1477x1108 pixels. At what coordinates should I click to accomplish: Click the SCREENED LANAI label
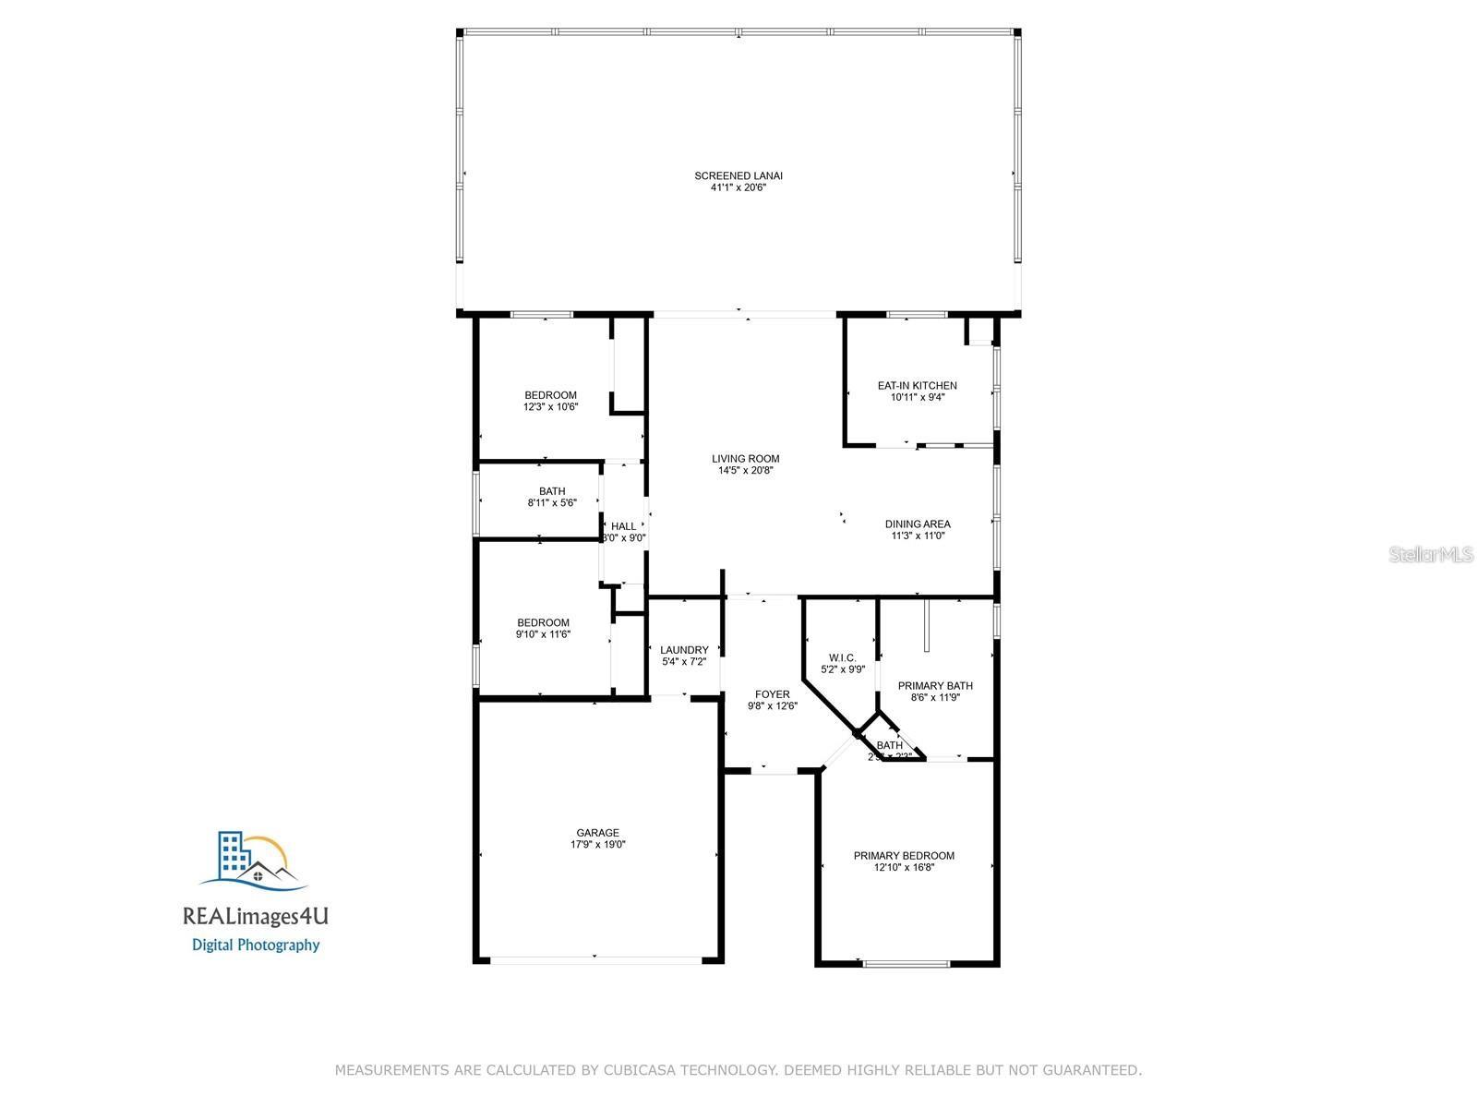738,175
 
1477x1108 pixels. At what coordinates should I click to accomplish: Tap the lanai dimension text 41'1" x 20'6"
738,187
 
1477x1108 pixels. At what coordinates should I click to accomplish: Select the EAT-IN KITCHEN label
917,385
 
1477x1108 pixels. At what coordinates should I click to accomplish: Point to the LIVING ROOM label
745,458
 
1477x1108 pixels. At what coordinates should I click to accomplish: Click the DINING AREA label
918,524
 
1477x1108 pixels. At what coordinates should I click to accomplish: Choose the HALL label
623,526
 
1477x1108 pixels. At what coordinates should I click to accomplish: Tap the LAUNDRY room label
684,650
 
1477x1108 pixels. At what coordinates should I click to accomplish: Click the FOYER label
772,694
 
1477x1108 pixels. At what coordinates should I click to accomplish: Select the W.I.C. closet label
842,657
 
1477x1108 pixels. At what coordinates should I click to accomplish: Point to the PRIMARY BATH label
935,685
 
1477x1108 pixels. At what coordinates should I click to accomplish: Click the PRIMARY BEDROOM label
904,855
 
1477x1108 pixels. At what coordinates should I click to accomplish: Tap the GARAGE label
597,832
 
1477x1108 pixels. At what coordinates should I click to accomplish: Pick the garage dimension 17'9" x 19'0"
597,844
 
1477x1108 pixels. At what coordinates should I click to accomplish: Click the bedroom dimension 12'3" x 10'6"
550,406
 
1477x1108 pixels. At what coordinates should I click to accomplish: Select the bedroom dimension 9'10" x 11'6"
543,634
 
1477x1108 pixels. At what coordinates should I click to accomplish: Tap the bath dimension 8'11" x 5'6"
552,503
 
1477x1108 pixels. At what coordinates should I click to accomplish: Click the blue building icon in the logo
233,855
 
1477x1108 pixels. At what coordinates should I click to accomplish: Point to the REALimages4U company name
256,917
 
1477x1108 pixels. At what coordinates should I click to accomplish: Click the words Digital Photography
256,945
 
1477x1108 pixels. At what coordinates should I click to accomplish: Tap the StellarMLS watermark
1431,554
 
